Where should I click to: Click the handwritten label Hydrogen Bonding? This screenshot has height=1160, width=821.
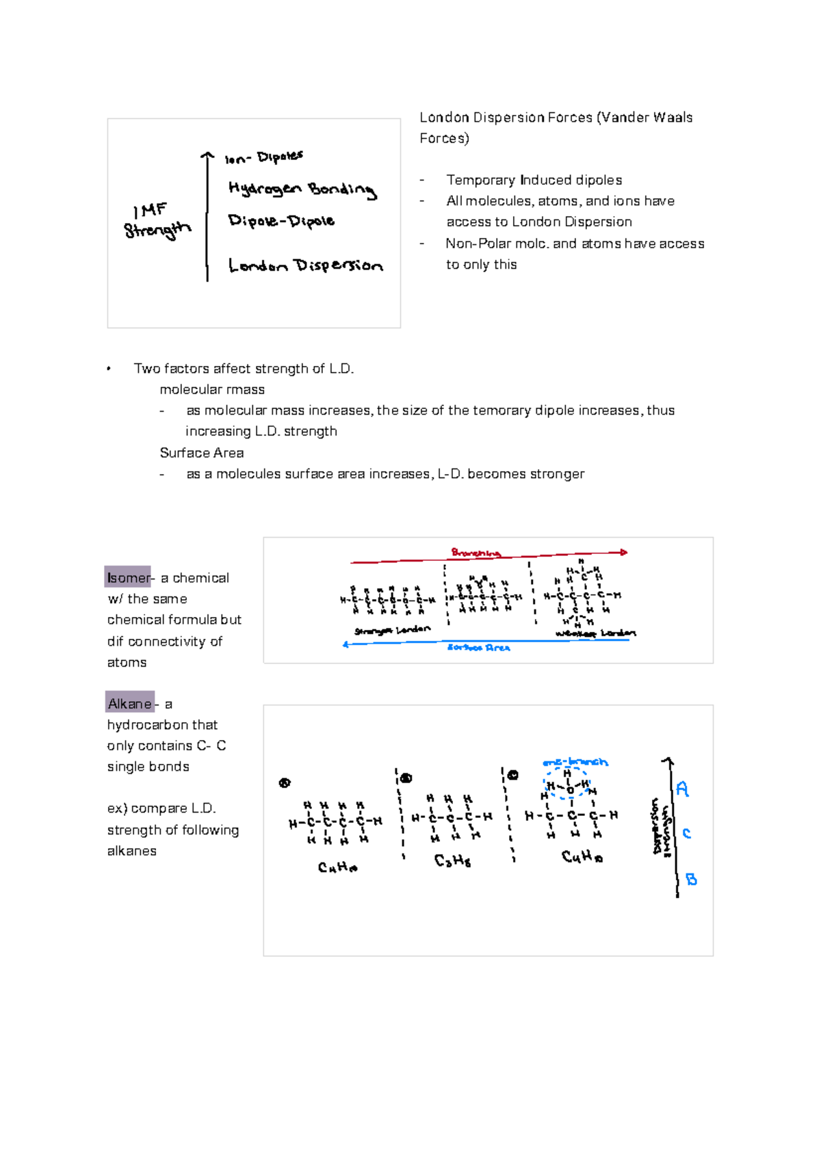(302, 189)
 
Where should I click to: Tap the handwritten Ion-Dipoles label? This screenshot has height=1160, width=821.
(264, 158)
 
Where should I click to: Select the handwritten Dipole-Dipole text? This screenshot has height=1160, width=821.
(281, 221)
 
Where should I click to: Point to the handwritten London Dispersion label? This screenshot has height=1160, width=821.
(305, 266)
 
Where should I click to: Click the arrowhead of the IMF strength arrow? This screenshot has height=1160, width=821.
(207, 157)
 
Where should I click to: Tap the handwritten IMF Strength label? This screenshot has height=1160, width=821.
(157, 221)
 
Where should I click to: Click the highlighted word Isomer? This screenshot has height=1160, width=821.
(128, 578)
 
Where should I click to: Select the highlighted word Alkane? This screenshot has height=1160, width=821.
(129, 704)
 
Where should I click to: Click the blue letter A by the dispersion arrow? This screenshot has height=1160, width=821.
(682, 789)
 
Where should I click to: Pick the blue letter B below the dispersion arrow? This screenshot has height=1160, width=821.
(691, 880)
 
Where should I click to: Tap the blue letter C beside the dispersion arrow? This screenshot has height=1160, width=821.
(686, 834)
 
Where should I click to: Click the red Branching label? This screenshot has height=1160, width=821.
(475, 553)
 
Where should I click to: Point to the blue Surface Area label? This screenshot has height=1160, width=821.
(478, 648)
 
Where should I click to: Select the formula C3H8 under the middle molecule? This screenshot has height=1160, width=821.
(452, 861)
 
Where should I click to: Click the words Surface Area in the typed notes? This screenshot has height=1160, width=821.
(201, 453)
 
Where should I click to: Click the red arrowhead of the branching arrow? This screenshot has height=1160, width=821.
(623, 552)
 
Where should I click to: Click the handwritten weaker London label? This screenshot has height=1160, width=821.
(595, 634)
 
